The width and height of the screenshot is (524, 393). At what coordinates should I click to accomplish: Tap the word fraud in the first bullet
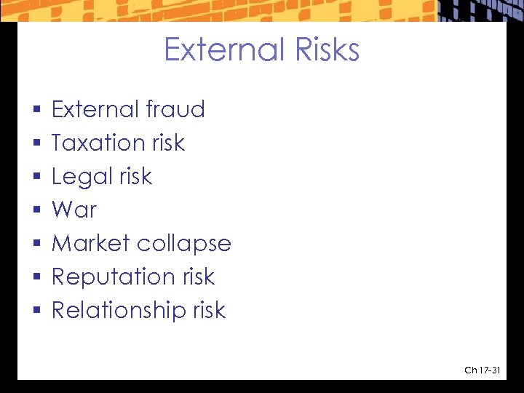[x=175, y=109]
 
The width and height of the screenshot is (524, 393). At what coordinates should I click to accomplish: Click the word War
[x=74, y=210]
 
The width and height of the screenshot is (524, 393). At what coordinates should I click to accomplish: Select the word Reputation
[x=113, y=277]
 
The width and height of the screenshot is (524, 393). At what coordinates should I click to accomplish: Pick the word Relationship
[x=119, y=311]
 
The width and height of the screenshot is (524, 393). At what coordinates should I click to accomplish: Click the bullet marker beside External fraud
[x=36, y=111]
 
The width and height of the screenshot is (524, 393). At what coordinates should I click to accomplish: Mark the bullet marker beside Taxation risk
[x=36, y=144]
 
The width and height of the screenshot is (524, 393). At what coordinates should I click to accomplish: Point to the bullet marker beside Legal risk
[x=36, y=178]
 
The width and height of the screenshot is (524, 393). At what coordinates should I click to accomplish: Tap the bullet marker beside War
[x=36, y=211]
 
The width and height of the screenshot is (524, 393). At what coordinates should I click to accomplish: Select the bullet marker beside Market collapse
[x=36, y=245]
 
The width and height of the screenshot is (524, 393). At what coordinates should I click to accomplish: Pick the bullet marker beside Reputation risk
[x=36, y=278]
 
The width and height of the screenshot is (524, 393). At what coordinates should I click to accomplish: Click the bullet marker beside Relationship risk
[x=36, y=311]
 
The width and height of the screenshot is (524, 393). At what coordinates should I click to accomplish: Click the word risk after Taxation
[x=168, y=143]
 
